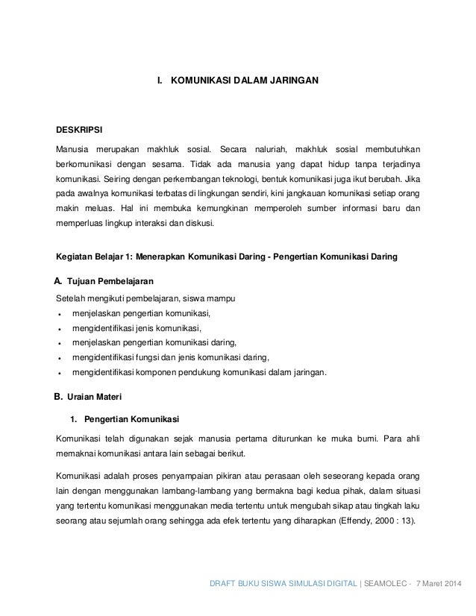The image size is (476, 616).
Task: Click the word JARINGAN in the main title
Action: click(292, 77)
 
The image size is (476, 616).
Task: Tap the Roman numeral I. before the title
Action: click(157, 77)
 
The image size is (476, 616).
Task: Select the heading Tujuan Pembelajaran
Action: click(110, 282)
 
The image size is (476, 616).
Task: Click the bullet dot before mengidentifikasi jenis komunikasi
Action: click(58, 328)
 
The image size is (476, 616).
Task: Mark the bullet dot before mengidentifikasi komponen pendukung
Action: click(58, 372)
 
